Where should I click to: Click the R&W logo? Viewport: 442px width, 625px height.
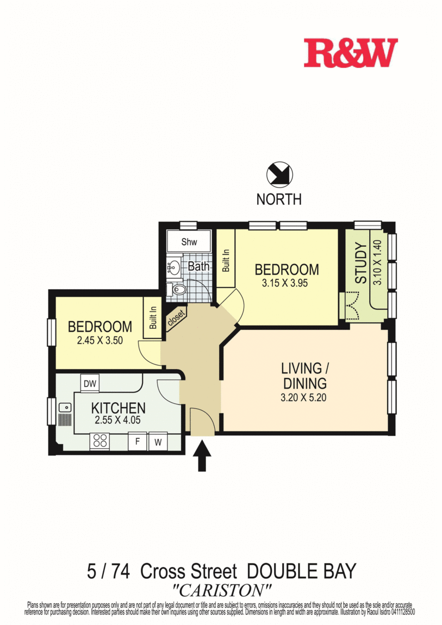(350, 53)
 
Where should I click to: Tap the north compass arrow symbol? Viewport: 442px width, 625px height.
(279, 175)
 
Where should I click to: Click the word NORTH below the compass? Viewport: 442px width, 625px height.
(279, 199)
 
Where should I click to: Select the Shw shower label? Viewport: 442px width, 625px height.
(189, 242)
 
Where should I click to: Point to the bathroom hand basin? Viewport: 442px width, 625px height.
(173, 267)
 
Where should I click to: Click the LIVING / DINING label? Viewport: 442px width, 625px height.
(304, 375)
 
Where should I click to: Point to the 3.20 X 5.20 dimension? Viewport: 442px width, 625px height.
(304, 397)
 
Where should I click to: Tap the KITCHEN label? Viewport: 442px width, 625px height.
(118, 408)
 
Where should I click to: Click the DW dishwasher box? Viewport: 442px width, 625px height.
(90, 384)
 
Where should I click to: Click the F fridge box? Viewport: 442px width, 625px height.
(138, 442)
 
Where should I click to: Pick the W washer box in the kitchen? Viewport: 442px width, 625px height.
(158, 442)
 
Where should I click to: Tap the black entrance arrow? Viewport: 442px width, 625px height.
(202, 455)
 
